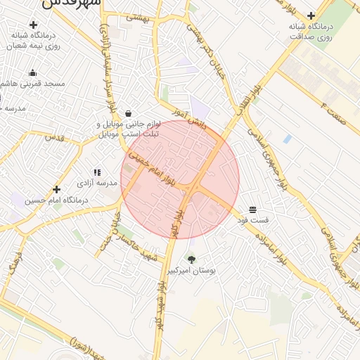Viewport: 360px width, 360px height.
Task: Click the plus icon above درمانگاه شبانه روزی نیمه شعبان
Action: (33, 25)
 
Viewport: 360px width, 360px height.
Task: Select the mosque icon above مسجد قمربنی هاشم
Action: (32, 72)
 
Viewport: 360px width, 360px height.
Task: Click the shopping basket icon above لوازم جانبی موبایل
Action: (128, 113)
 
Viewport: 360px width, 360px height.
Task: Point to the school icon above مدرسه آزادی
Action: (97, 172)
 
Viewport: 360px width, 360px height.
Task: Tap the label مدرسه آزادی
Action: (97, 183)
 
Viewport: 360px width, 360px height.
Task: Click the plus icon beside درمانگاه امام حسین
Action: (57, 189)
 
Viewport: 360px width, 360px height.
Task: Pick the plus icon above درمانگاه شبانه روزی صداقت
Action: (311, 15)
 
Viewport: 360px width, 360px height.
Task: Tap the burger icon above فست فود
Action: (252, 210)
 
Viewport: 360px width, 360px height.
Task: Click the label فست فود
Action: (252, 221)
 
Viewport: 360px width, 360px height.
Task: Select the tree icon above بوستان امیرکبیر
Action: (191, 259)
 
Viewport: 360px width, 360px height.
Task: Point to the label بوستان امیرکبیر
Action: (191, 270)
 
